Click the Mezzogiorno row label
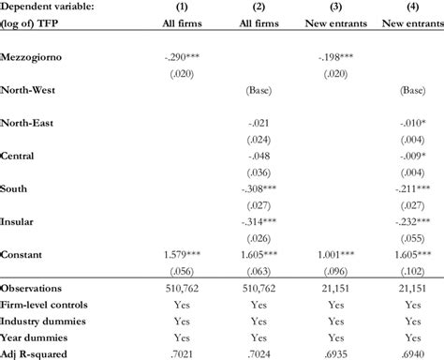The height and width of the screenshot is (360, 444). tap(36, 58)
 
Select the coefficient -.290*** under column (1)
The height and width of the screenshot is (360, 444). tap(186, 58)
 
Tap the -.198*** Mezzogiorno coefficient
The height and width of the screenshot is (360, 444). tap(334, 58)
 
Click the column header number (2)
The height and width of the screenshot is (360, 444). tap(259, 6)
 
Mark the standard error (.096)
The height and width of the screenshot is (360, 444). tap(334, 269)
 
